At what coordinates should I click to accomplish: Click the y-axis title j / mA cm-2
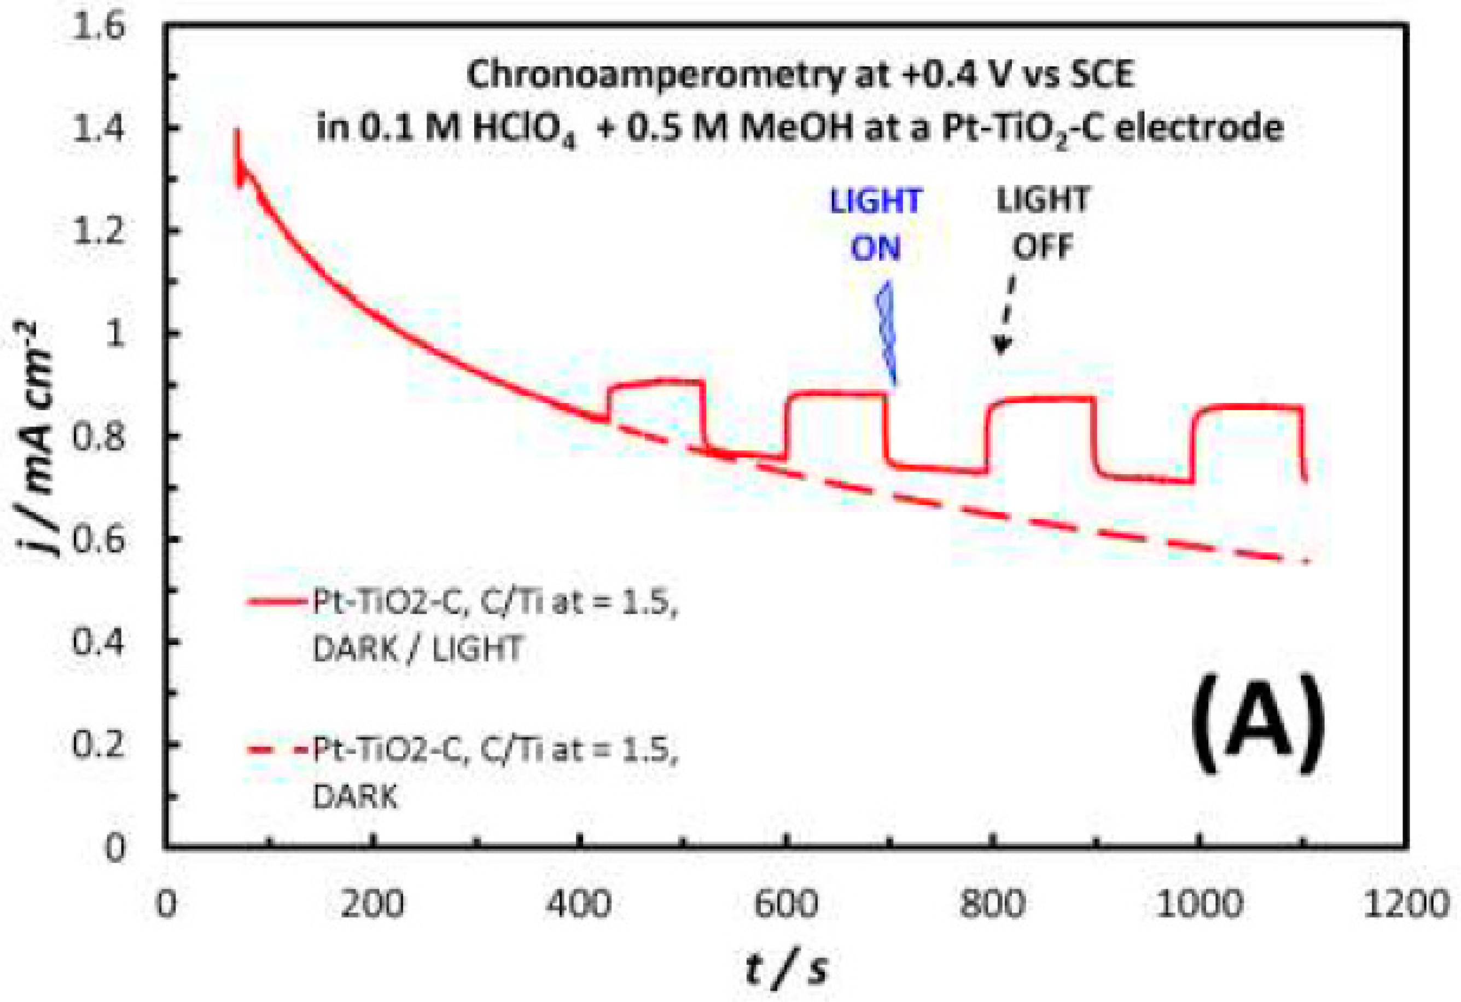[x=42, y=440]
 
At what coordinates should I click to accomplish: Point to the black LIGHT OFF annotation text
[x=1043, y=223]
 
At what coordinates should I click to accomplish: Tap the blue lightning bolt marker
[x=887, y=333]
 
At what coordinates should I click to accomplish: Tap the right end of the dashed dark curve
[x=1305, y=561]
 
